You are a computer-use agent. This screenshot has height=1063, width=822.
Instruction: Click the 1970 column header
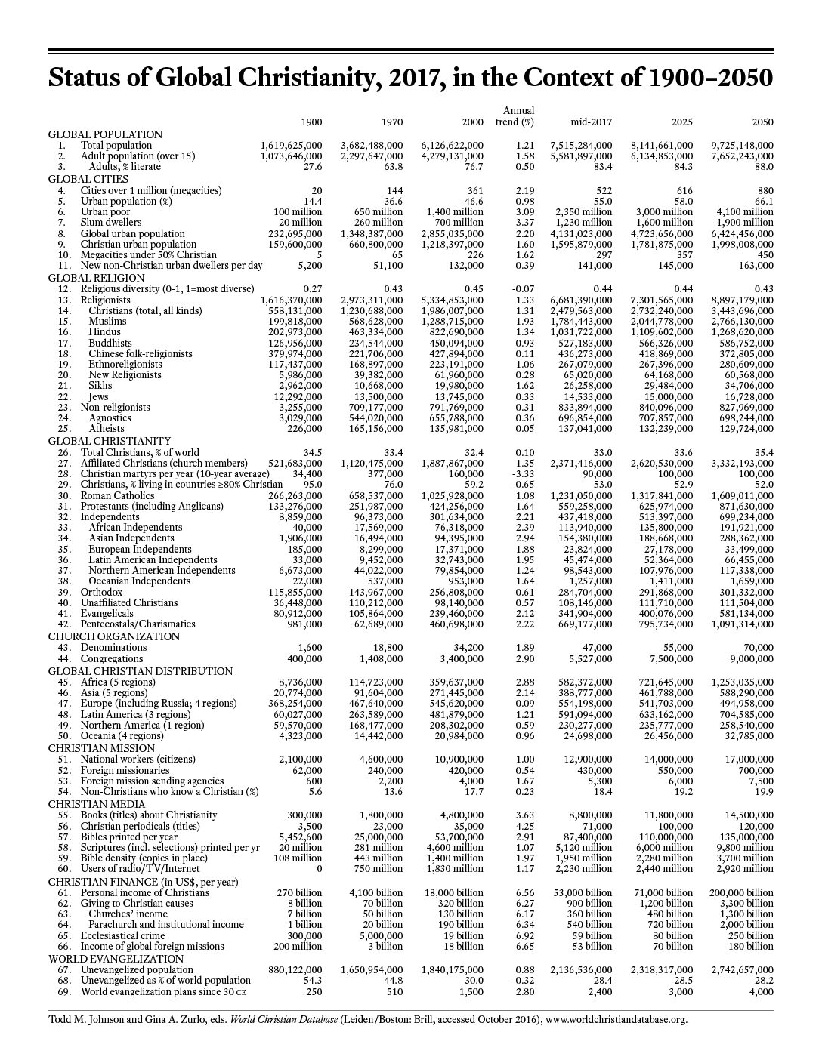click(x=392, y=122)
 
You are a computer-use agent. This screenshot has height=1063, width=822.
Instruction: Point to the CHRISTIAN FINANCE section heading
click(x=143, y=882)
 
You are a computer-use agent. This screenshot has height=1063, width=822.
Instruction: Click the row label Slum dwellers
click(x=111, y=223)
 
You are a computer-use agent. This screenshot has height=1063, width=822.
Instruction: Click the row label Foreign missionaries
click(x=125, y=770)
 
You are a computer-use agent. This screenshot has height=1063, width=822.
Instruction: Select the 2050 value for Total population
click(x=742, y=145)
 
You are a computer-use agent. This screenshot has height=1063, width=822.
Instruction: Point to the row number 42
click(x=64, y=624)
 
